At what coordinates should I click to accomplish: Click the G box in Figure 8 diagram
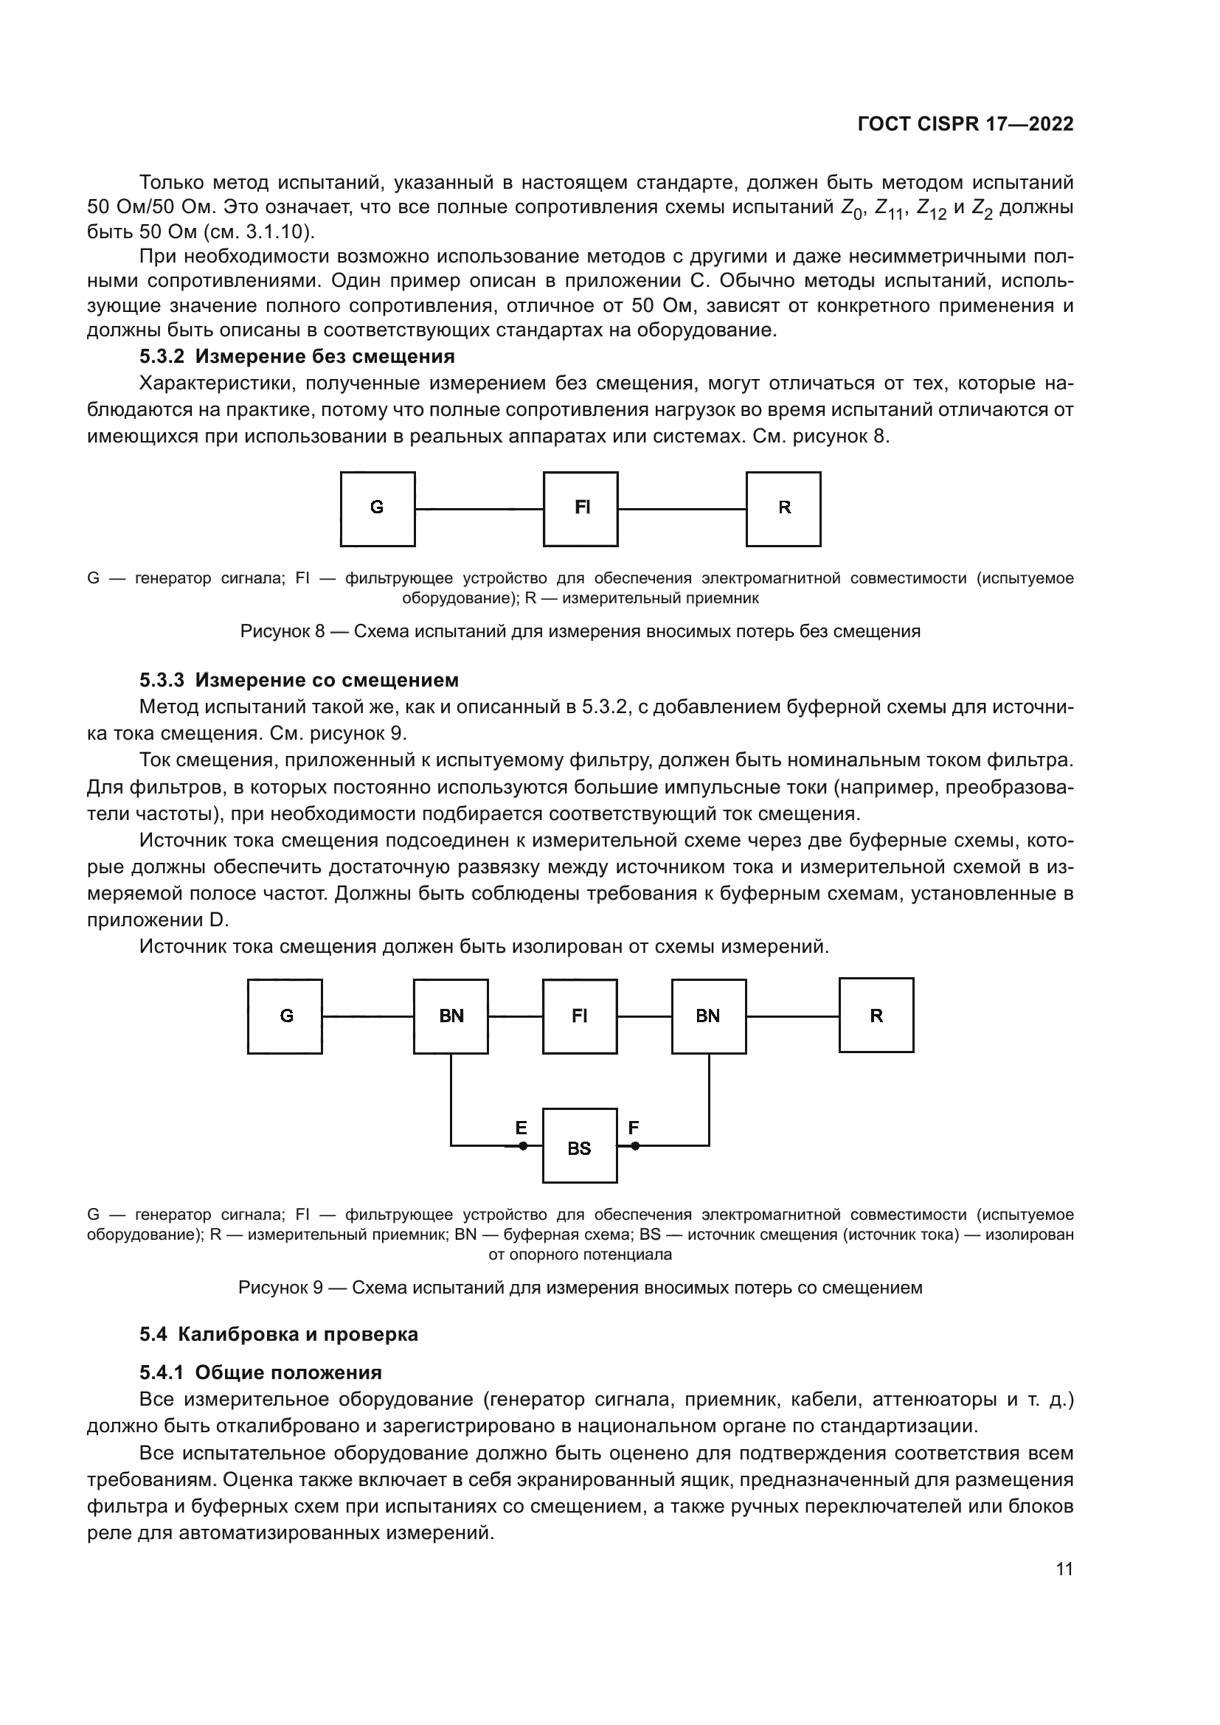tap(377, 509)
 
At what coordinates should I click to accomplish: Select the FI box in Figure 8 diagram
tap(580, 509)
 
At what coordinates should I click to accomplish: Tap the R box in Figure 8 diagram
tap(783, 509)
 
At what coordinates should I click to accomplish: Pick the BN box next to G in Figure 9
tap(451, 1016)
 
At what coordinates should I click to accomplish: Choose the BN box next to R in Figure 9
tap(708, 1016)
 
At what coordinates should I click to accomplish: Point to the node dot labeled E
tap(523, 1146)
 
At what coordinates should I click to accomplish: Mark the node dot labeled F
tap(635, 1146)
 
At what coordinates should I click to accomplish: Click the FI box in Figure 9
tap(580, 1016)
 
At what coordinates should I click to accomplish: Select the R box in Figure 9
tap(876, 1015)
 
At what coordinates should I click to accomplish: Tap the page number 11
tap(1064, 1569)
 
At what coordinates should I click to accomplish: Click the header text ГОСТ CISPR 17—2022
tap(966, 125)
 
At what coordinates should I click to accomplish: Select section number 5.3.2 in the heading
tap(162, 356)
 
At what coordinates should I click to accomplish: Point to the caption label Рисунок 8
tap(282, 631)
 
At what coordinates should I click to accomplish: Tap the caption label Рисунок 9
tap(280, 1288)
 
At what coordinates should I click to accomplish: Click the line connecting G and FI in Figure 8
tap(479, 510)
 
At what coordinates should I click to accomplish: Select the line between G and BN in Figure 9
tap(367, 1016)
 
